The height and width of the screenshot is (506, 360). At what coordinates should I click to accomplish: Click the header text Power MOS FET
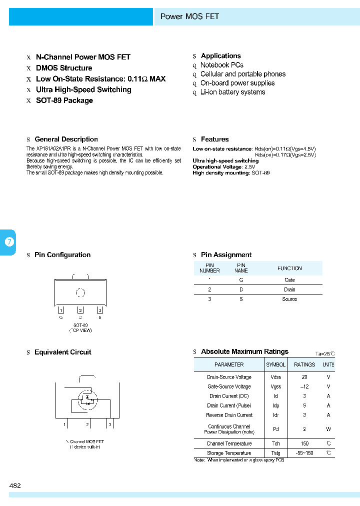pyautogui.click(x=189, y=16)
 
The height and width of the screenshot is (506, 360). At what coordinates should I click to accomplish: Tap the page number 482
pyautogui.click(x=15, y=485)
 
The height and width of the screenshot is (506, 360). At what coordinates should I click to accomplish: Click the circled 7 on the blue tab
pyautogui.click(x=8, y=242)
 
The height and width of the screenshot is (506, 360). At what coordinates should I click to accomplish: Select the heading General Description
pyautogui.click(x=66, y=139)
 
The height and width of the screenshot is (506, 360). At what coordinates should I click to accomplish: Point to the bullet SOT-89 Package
pyautogui.click(x=64, y=100)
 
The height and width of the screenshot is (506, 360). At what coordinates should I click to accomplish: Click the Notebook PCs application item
pyautogui.click(x=221, y=65)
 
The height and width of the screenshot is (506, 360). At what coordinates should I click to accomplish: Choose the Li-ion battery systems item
pyautogui.click(x=232, y=92)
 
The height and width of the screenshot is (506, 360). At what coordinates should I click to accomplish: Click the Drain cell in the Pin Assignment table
pyautogui.click(x=289, y=289)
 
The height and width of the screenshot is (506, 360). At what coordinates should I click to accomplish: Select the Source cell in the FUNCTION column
pyautogui.click(x=289, y=299)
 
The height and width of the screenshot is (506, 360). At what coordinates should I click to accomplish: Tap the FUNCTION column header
pyautogui.click(x=289, y=268)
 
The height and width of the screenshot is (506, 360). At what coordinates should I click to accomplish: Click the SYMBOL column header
pyautogui.click(x=276, y=364)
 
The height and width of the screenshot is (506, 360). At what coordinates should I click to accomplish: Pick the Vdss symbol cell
pyautogui.click(x=276, y=377)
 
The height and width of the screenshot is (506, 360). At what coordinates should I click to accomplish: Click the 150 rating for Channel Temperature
pyautogui.click(x=304, y=443)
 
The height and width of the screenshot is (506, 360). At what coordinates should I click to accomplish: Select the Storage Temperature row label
pyautogui.click(x=229, y=453)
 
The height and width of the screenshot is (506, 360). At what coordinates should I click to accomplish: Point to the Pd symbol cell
pyautogui.click(x=276, y=429)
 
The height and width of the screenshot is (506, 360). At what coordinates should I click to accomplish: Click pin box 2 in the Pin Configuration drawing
pyautogui.click(x=80, y=310)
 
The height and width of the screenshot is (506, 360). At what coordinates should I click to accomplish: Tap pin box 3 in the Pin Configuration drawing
pyautogui.click(x=100, y=310)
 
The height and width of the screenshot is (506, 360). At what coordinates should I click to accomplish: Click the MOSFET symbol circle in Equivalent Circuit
pyautogui.click(x=87, y=399)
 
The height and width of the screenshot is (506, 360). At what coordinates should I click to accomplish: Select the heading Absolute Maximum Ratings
pyautogui.click(x=244, y=351)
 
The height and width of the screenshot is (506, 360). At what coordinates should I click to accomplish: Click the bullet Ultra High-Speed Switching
pyautogui.click(x=83, y=89)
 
